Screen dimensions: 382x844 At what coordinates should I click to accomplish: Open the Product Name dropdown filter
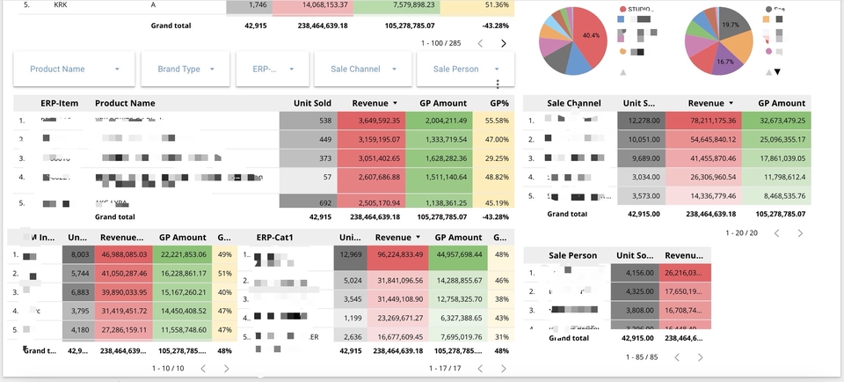[74, 69]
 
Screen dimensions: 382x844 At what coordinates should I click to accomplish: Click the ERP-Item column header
[59, 103]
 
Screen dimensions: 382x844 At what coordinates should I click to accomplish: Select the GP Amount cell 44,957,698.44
[458, 255]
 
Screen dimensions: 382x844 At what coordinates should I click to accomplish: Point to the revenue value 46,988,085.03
[122, 255]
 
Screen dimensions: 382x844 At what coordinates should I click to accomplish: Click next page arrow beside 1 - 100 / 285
[504, 43]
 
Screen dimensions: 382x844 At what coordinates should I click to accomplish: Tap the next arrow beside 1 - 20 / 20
[800, 233]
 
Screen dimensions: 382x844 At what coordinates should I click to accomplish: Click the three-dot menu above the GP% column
[498, 84]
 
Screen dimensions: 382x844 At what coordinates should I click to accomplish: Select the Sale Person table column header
[572, 255]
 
